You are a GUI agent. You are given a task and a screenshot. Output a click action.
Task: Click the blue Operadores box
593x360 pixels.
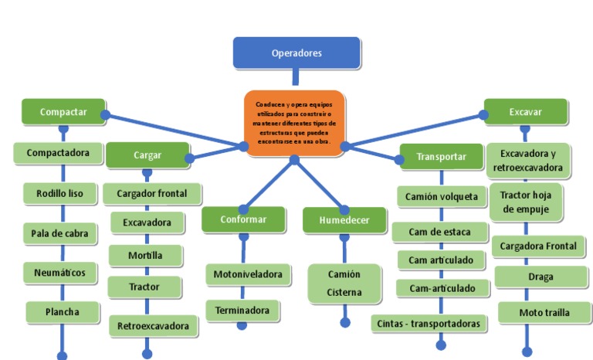pyautogui.click(x=296, y=53)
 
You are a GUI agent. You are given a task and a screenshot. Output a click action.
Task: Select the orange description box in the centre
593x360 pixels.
pyautogui.click(x=294, y=123)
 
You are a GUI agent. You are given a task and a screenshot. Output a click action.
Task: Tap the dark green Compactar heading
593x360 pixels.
pyautogui.click(x=63, y=111)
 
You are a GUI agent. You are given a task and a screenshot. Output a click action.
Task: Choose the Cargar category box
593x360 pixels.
pyautogui.click(x=147, y=155)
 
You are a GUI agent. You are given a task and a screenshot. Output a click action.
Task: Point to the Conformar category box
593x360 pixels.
pyautogui.click(x=242, y=219)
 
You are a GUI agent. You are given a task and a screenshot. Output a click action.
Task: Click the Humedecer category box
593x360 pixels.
pyautogui.click(x=344, y=220)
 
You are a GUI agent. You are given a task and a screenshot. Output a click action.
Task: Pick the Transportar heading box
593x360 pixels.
pyautogui.click(x=441, y=156)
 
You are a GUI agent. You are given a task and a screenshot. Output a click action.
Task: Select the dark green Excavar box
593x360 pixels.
pyautogui.click(x=525, y=111)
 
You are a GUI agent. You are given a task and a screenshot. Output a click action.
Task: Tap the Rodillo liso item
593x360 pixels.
pyautogui.click(x=59, y=192)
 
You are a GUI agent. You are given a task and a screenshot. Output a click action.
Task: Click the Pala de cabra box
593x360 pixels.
pyautogui.click(x=59, y=233)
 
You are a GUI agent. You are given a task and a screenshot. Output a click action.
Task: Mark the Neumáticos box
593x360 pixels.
pyautogui.click(x=59, y=273)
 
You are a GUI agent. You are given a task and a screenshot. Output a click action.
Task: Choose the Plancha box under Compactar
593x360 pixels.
pyautogui.click(x=63, y=312)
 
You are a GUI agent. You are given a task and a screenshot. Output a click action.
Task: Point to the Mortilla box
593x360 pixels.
pyautogui.click(x=144, y=255)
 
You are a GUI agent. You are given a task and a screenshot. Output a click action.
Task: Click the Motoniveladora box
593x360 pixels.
pyautogui.click(x=248, y=274)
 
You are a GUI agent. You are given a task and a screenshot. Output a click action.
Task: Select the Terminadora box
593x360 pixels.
pyautogui.click(x=242, y=311)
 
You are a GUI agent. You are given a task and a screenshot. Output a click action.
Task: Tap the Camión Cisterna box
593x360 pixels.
pyautogui.click(x=344, y=284)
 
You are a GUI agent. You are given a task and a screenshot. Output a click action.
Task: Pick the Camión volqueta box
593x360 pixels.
pyautogui.click(x=442, y=196)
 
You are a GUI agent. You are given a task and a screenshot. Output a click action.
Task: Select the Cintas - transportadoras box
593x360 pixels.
pyautogui.click(x=429, y=323)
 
